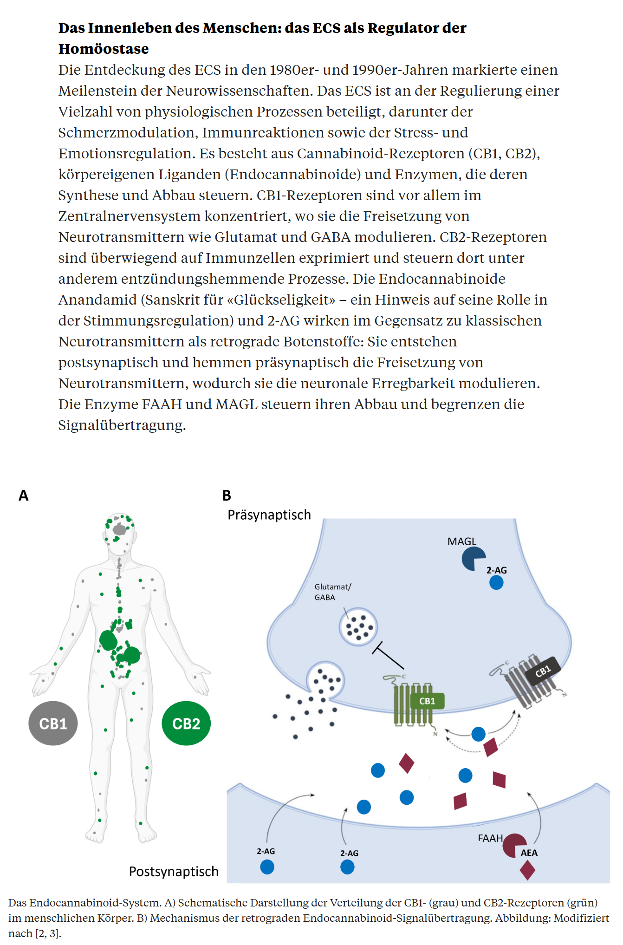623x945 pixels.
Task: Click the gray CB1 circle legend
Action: click(53, 723)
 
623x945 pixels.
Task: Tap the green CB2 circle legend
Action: click(186, 723)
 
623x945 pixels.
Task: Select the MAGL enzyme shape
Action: click(473, 559)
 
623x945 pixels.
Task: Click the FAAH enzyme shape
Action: click(513, 846)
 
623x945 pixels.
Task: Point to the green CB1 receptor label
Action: click(427, 701)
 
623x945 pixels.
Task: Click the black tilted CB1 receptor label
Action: click(543, 671)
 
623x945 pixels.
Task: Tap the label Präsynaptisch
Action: click(269, 515)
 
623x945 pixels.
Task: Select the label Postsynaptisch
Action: click(174, 872)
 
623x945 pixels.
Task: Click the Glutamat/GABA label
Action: click(333, 592)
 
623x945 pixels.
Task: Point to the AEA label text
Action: click(529, 853)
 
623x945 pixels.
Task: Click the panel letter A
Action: click(23, 495)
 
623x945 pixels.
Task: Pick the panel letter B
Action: click(227, 495)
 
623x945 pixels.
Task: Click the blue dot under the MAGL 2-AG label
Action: click(496, 582)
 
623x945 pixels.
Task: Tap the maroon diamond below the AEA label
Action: click(527, 870)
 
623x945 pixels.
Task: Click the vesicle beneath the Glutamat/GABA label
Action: click(358, 627)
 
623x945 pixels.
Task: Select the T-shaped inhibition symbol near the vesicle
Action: click(388, 655)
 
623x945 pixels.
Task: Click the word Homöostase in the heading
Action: click(104, 49)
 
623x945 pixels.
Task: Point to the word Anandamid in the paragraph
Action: click(97, 300)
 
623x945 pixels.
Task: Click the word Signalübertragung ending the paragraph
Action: click(122, 425)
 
